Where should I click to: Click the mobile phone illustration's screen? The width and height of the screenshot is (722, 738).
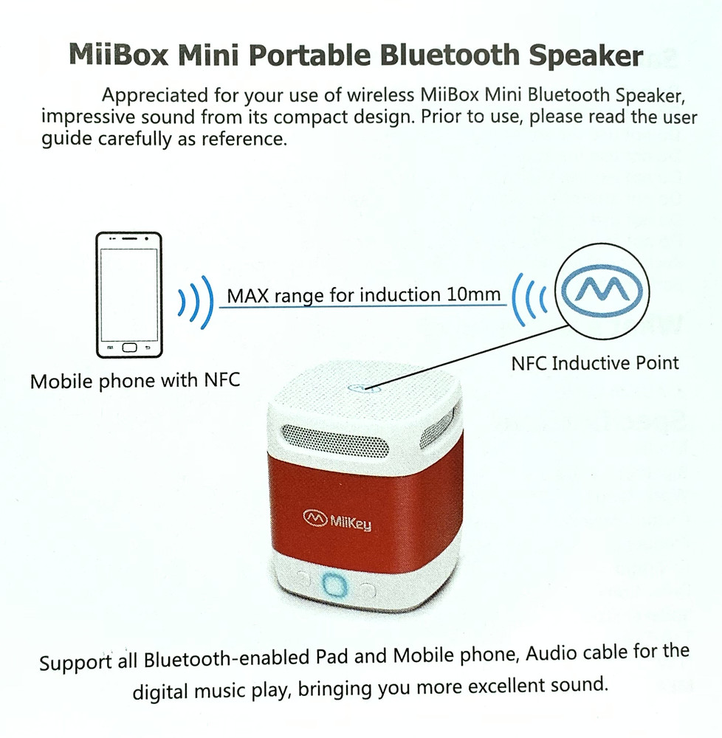[x=129, y=292]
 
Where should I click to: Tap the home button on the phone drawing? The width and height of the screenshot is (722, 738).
[x=130, y=347]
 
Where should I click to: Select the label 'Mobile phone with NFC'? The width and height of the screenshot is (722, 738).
[x=135, y=381]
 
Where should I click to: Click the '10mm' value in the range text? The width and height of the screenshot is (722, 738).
[x=474, y=294]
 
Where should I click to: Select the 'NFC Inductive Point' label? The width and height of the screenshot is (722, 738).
[x=595, y=363]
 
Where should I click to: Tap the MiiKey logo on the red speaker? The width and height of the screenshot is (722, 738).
[x=337, y=521]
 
